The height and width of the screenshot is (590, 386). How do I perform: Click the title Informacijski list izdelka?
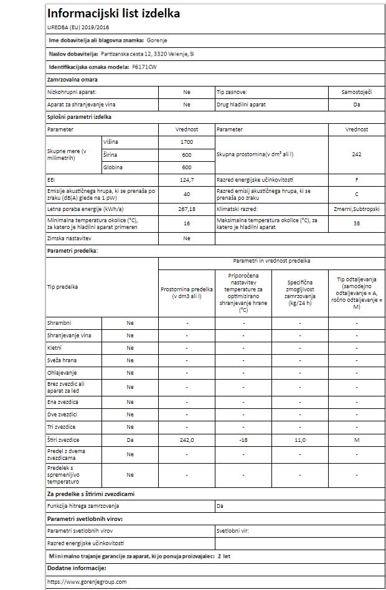[x=114, y=13]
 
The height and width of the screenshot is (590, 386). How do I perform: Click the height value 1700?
[x=186, y=143]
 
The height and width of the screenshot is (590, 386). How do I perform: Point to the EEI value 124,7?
[x=186, y=180]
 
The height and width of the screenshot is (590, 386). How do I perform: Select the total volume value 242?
[x=356, y=154]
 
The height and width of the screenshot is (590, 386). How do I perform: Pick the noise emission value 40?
[x=186, y=194]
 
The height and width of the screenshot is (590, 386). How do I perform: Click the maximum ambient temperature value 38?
[x=356, y=223]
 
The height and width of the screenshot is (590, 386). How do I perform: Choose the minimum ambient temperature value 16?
[x=186, y=223]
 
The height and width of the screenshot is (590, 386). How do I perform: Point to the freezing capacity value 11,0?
[x=300, y=439]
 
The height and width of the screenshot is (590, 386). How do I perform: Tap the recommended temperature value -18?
[x=243, y=439]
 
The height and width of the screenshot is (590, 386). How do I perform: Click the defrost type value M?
[x=357, y=439]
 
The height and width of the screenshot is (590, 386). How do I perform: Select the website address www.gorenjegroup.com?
[x=87, y=581]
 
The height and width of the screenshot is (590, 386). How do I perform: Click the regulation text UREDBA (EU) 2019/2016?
[x=74, y=27]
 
